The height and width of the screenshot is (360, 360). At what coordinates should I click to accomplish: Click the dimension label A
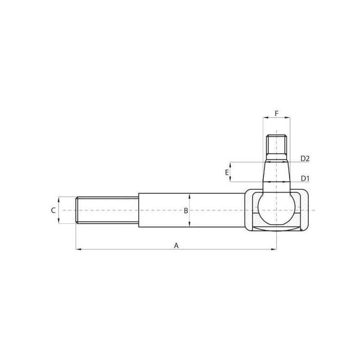(x=176, y=245)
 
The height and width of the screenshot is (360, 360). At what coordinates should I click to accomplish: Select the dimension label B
(x=186, y=211)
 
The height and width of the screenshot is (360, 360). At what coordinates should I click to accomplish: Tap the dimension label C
(x=53, y=210)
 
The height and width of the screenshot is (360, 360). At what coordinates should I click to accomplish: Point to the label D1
(x=305, y=178)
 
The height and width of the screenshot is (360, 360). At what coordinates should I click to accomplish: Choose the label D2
(x=305, y=158)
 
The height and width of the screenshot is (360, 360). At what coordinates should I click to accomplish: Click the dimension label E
(x=227, y=172)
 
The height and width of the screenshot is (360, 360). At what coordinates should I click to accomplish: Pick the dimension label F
(x=277, y=113)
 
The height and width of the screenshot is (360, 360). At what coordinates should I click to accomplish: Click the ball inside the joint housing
(x=276, y=209)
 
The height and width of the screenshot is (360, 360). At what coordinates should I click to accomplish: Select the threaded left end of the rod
(x=107, y=210)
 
